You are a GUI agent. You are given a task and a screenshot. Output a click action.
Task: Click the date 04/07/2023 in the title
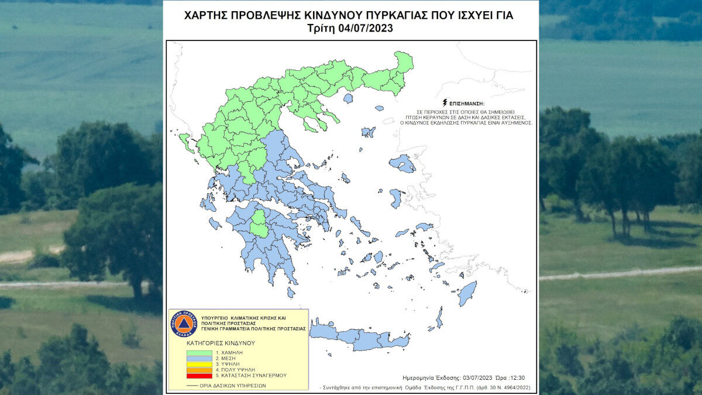pyautogui.click(x=366, y=28)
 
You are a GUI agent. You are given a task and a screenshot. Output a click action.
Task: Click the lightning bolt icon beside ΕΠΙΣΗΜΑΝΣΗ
pyautogui.click(x=445, y=102)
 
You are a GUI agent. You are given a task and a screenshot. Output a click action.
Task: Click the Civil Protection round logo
pyautogui.click(x=183, y=323)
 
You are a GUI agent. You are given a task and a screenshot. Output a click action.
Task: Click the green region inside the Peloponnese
pyautogui.click(x=259, y=224)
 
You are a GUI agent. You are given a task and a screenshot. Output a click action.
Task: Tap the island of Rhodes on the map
pyautogui.click(x=467, y=293)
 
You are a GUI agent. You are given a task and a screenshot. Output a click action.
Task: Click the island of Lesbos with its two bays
pyautogui.click(x=402, y=164)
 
